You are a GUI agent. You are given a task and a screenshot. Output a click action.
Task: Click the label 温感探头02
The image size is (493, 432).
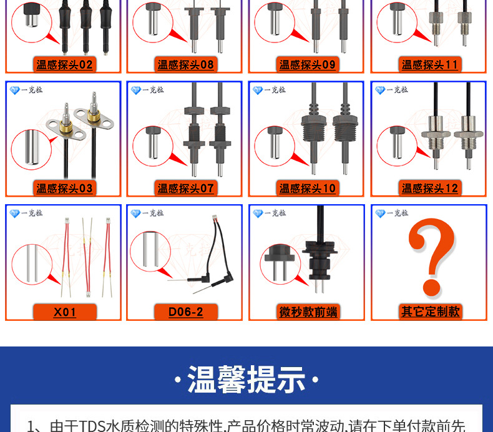pyautogui.click(x=64, y=65)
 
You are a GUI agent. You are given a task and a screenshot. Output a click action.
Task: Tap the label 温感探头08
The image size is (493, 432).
pyautogui.click(x=185, y=65)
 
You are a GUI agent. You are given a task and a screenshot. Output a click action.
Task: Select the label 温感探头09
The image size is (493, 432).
pyautogui.click(x=307, y=65)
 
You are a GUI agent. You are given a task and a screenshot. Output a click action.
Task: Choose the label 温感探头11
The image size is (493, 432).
pyautogui.click(x=429, y=65)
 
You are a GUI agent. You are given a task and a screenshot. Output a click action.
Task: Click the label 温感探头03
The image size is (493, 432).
pyautogui.click(x=64, y=188)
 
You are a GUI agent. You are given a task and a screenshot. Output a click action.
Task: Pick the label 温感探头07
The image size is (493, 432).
pyautogui.click(x=185, y=188)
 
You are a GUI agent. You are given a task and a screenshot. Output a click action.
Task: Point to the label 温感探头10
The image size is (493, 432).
pyautogui.click(x=307, y=188)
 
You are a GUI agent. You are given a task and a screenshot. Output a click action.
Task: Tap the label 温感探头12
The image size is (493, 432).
pyautogui.click(x=429, y=188)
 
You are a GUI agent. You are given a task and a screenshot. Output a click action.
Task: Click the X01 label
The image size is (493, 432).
pyautogui.click(x=64, y=312)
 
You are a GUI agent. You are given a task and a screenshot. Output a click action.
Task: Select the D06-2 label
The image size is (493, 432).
pyautogui.click(x=185, y=312)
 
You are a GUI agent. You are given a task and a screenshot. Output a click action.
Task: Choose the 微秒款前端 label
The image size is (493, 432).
pyautogui.click(x=307, y=312)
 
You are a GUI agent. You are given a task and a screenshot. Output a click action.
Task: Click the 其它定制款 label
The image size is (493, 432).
pyautogui.click(x=429, y=312)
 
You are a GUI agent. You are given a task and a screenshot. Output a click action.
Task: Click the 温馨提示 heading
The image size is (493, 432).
pyautogui.click(x=246, y=380)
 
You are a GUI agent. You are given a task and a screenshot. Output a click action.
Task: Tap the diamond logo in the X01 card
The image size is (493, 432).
pyautogui.click(x=15, y=214)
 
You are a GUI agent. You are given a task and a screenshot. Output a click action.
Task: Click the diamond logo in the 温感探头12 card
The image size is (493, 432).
pyautogui.click(x=380, y=91)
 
